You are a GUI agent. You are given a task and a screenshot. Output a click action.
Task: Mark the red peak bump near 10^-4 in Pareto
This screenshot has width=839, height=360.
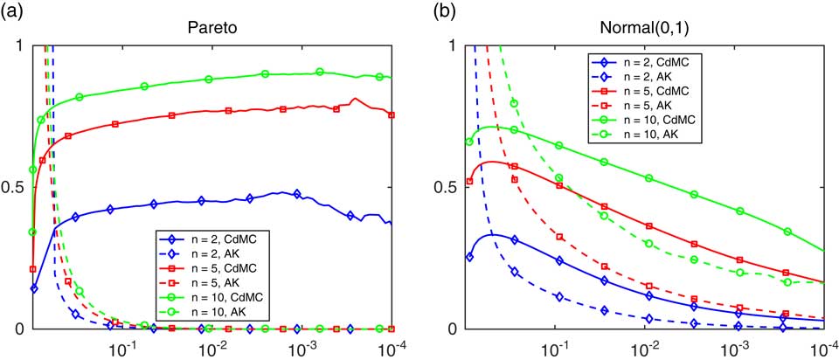pos(354,100)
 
